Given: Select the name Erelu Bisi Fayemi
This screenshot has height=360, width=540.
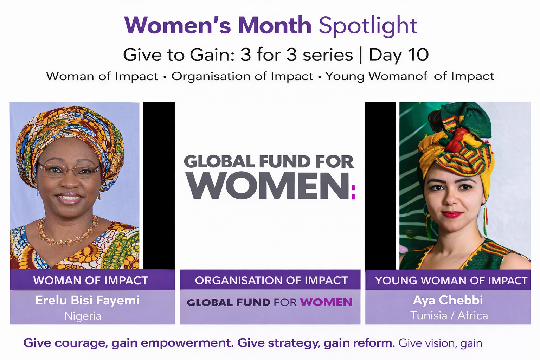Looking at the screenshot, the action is (x=87, y=301).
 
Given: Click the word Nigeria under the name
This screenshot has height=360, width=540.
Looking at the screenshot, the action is (x=83, y=316).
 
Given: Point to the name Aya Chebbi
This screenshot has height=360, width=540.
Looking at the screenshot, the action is (x=448, y=300).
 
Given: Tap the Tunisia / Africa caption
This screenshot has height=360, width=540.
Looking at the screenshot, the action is (x=449, y=315).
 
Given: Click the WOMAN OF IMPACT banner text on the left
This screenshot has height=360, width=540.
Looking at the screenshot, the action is (x=91, y=281).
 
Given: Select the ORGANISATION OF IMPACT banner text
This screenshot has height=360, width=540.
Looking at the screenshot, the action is (x=271, y=281).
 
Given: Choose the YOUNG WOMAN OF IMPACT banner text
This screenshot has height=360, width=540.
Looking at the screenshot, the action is (x=451, y=281).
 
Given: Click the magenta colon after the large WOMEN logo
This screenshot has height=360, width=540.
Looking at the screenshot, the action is (x=354, y=192).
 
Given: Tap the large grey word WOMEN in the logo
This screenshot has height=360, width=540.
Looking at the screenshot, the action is (x=268, y=186).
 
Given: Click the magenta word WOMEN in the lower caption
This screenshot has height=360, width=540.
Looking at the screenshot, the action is (x=326, y=302).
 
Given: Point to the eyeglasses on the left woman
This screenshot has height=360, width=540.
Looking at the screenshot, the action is (x=69, y=170).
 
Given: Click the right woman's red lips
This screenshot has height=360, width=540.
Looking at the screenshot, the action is (x=452, y=214).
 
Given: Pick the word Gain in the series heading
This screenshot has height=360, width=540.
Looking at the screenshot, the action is (x=212, y=55).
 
